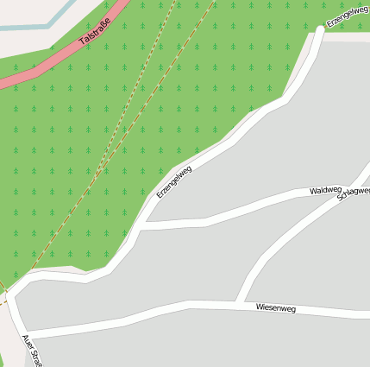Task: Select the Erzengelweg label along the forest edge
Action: coord(173,182)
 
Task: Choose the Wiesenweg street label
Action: coord(275,307)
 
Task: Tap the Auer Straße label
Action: coord(31,351)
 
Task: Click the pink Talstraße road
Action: coord(52,63)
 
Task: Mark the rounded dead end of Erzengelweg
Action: coord(319,32)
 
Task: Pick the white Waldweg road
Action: coord(241,210)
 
